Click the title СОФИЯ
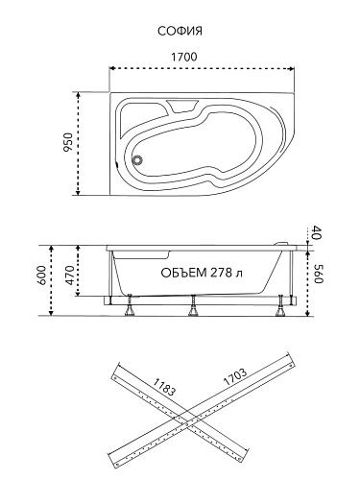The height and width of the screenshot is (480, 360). [x=180, y=32]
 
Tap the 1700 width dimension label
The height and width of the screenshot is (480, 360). [x=184, y=57]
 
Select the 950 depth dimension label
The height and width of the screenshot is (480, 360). [x=68, y=142]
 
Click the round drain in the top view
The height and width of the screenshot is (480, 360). [x=138, y=159]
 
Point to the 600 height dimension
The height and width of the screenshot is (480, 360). [x=43, y=276]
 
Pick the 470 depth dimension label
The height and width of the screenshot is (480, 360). [x=69, y=275]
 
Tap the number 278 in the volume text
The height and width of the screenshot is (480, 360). [x=221, y=273]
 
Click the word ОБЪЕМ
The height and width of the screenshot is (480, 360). [x=183, y=273]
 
